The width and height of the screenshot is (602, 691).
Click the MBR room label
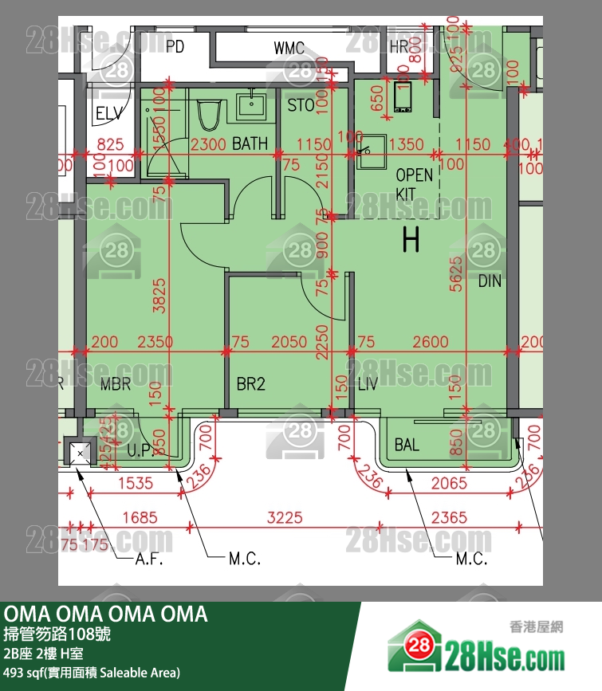click(x=116, y=385)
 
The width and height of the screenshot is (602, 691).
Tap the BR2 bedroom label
click(x=250, y=385)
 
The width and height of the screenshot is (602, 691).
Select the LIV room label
click(x=367, y=385)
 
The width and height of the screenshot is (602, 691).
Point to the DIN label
click(x=490, y=281)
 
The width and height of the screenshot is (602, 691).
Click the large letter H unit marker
click(x=411, y=239)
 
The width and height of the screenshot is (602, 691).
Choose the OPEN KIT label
click(x=415, y=184)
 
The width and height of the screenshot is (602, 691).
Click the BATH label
click(x=250, y=144)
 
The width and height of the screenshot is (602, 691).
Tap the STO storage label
click(x=301, y=105)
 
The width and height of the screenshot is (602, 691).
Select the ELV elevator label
click(x=109, y=113)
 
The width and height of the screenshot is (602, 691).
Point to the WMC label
click(x=289, y=49)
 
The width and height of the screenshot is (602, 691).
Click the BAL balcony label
click(x=407, y=445)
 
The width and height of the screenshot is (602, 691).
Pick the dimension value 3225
click(x=285, y=518)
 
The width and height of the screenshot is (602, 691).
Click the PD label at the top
click(x=175, y=47)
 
